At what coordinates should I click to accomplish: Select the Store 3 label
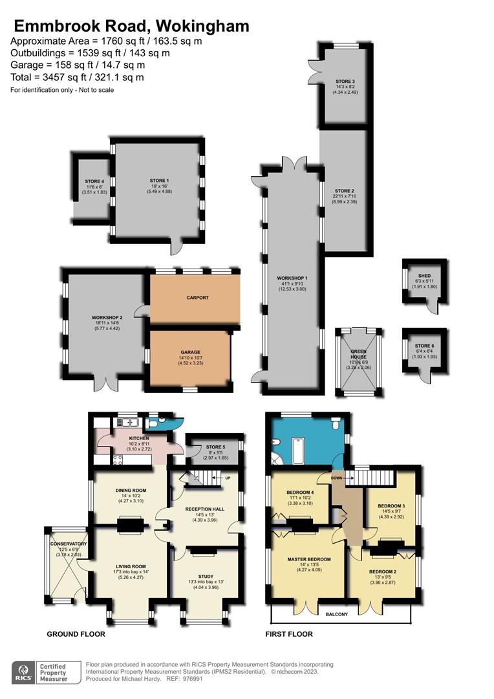(x=345, y=80)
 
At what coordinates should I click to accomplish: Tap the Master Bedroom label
(x=307, y=559)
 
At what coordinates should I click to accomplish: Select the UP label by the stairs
(x=226, y=478)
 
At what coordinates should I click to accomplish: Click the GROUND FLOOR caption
(x=76, y=634)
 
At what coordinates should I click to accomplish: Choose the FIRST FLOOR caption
(x=289, y=634)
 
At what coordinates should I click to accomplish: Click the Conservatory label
(x=69, y=544)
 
